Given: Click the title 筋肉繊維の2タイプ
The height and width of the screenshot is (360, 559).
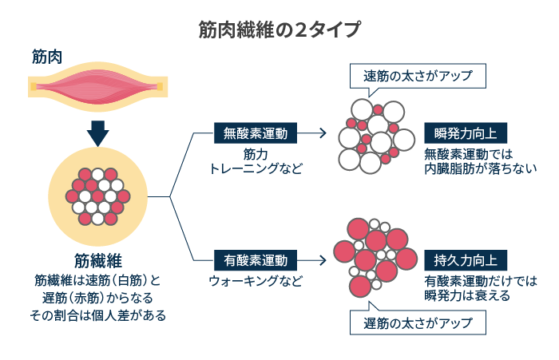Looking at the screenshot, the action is coord(279,30).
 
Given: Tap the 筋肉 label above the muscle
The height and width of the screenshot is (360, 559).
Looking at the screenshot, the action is coord(47,57).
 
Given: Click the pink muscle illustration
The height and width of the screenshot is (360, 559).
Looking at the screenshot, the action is coord(97,87).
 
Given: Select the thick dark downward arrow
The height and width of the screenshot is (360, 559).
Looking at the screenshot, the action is coord(97,133).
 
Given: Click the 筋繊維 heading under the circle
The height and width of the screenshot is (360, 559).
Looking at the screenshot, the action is coord(98,260).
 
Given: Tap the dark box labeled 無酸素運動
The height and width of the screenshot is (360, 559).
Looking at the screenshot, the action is coord(256,133).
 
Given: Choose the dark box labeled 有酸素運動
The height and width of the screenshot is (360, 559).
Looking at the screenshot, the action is coord(256,260).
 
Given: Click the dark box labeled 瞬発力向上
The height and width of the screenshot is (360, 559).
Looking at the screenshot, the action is coord(466,133).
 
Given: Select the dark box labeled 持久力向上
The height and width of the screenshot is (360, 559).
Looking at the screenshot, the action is coord(466,260).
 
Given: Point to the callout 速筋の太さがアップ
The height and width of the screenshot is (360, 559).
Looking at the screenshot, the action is coord(418,76).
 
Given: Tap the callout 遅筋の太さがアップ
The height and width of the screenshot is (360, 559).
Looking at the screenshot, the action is coord(418,322).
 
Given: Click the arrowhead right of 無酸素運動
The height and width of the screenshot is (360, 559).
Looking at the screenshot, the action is coord(323,133).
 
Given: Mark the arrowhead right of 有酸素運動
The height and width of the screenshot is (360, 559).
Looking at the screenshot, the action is coord(323,260).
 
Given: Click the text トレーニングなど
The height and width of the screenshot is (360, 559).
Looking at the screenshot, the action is coord(256,168).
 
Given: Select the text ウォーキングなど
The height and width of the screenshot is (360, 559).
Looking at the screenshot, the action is coord(256,281).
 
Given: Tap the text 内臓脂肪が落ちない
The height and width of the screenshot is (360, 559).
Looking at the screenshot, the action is coord(481,168).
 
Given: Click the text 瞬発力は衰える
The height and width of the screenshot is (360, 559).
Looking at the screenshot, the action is coord(467,295).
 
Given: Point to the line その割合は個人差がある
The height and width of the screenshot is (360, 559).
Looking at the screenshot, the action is coord(97,315).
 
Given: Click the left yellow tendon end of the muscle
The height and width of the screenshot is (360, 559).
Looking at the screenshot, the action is coord(34,87).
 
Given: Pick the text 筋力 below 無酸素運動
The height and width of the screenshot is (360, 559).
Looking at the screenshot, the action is coord(256,154).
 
